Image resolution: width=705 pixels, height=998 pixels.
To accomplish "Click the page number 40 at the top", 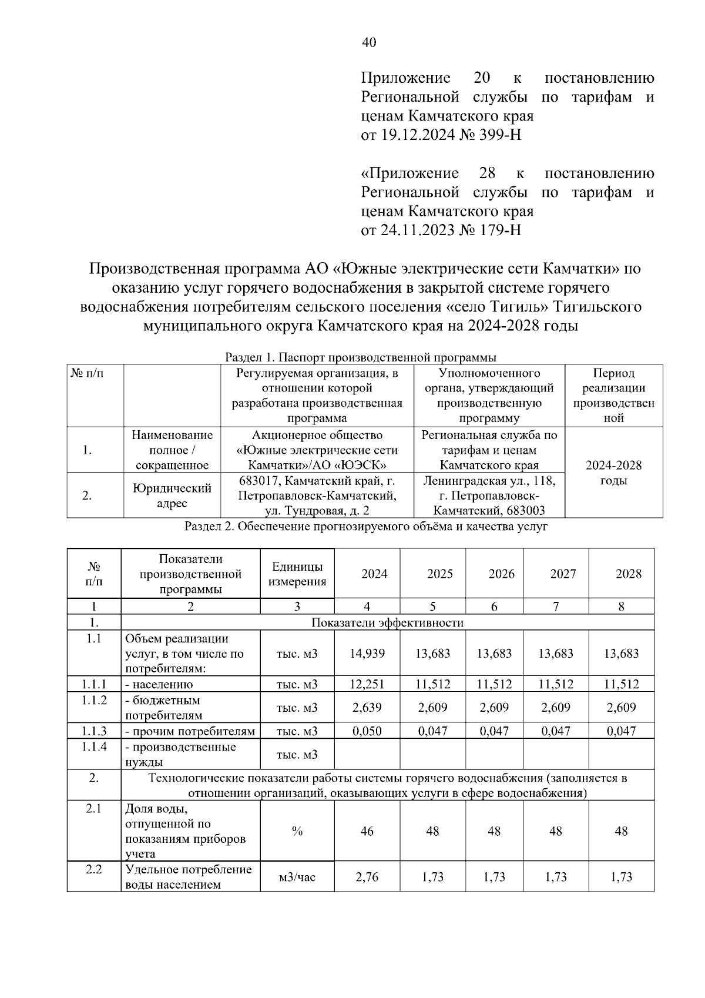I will click(x=369, y=42).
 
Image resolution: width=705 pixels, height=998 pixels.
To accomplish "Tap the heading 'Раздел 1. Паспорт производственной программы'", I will click(x=361, y=357).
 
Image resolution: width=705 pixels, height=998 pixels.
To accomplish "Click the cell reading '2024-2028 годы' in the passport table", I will click(x=613, y=473).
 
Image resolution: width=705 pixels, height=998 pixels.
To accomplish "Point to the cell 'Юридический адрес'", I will click(x=172, y=495).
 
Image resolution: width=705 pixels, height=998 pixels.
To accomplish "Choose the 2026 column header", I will click(x=501, y=574).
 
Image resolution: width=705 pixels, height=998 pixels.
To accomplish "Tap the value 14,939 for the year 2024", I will click(x=367, y=654).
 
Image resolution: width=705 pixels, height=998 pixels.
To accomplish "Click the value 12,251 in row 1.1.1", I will click(x=367, y=684).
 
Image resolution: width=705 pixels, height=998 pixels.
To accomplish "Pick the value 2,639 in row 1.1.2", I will click(x=367, y=708).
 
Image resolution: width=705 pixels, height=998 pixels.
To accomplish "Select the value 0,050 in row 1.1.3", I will click(x=367, y=731).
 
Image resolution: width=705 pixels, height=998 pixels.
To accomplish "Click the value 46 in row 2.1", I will click(x=367, y=831).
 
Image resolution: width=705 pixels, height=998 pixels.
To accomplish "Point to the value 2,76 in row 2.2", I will click(x=367, y=877).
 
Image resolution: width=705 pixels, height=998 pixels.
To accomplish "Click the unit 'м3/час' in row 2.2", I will click(x=297, y=877).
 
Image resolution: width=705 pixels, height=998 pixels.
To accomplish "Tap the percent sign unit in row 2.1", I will click(x=297, y=831).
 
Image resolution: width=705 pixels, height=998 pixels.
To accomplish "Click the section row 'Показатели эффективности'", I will click(x=387, y=622).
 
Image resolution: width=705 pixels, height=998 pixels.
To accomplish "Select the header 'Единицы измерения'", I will click(x=297, y=574).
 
